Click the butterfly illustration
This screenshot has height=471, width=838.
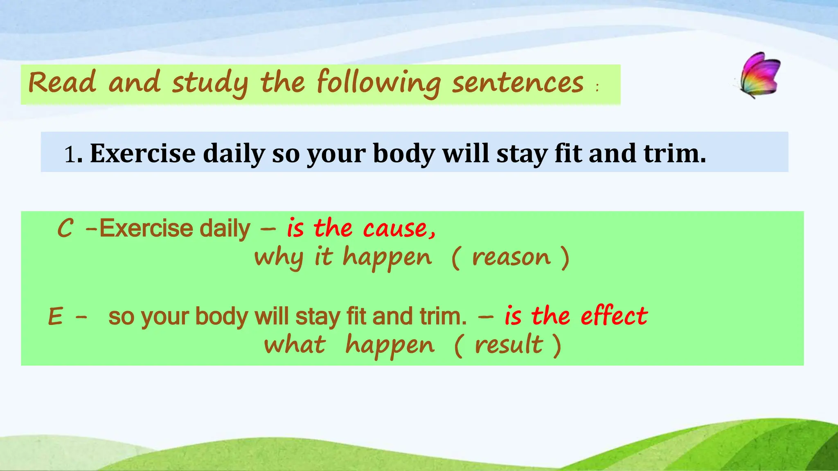coord(759,75)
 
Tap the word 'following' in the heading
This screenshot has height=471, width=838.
coord(379,83)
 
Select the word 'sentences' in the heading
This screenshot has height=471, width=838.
coord(518,83)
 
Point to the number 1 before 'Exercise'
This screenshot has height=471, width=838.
coord(70,155)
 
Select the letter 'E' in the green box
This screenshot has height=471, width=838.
coord(56,316)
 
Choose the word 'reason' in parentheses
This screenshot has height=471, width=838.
coord(511,258)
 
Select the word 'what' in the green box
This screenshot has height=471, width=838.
coord(295,344)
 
